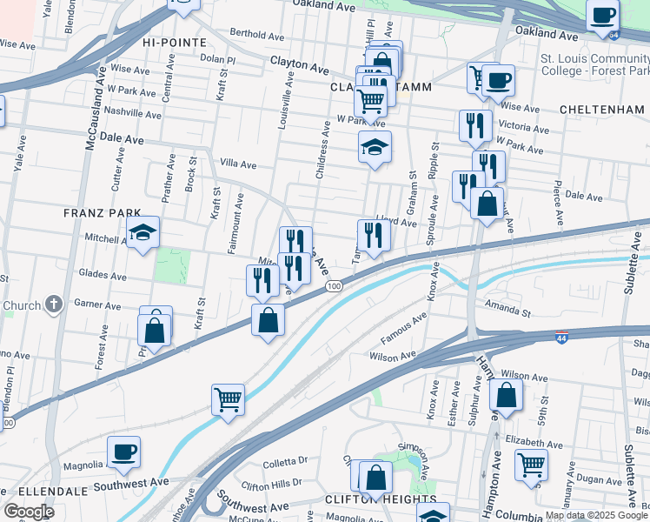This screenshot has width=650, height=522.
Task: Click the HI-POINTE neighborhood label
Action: [175, 42]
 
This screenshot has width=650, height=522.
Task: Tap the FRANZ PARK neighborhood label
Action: [102, 212]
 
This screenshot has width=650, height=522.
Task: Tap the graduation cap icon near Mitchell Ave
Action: [143, 232]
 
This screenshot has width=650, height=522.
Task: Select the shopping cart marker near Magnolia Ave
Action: [228, 400]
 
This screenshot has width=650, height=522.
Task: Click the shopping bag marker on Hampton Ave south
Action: [506, 395]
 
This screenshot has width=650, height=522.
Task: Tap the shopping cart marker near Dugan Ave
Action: [531, 463]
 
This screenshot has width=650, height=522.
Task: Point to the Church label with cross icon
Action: [35, 305]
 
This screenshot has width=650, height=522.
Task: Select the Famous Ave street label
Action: [405, 328]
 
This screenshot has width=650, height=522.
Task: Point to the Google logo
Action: [29, 512]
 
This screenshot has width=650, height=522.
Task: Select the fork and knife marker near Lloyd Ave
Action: [373, 235]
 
